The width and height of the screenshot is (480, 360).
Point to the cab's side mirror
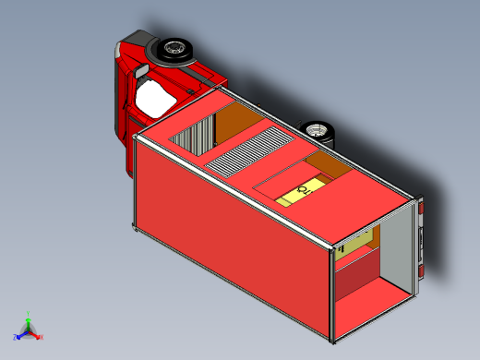coord(140,70)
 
